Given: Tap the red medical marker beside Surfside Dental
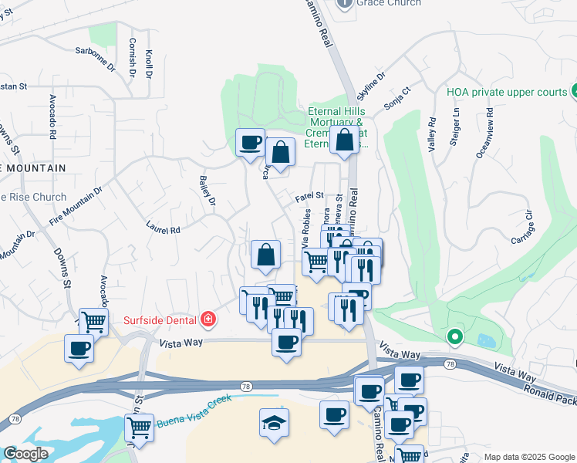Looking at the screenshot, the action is [x=207, y=318].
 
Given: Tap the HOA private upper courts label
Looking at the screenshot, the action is [x=507, y=92].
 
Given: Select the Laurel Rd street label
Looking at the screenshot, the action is [x=163, y=228].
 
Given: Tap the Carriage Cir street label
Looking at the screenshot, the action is [x=522, y=228].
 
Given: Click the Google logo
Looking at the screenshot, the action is [x=25, y=454].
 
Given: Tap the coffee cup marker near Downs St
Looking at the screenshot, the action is [x=79, y=347].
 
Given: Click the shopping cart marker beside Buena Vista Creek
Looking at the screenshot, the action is [x=139, y=426].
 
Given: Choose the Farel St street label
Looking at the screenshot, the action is [x=309, y=198].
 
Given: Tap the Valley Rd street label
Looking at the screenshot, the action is [x=432, y=133].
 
